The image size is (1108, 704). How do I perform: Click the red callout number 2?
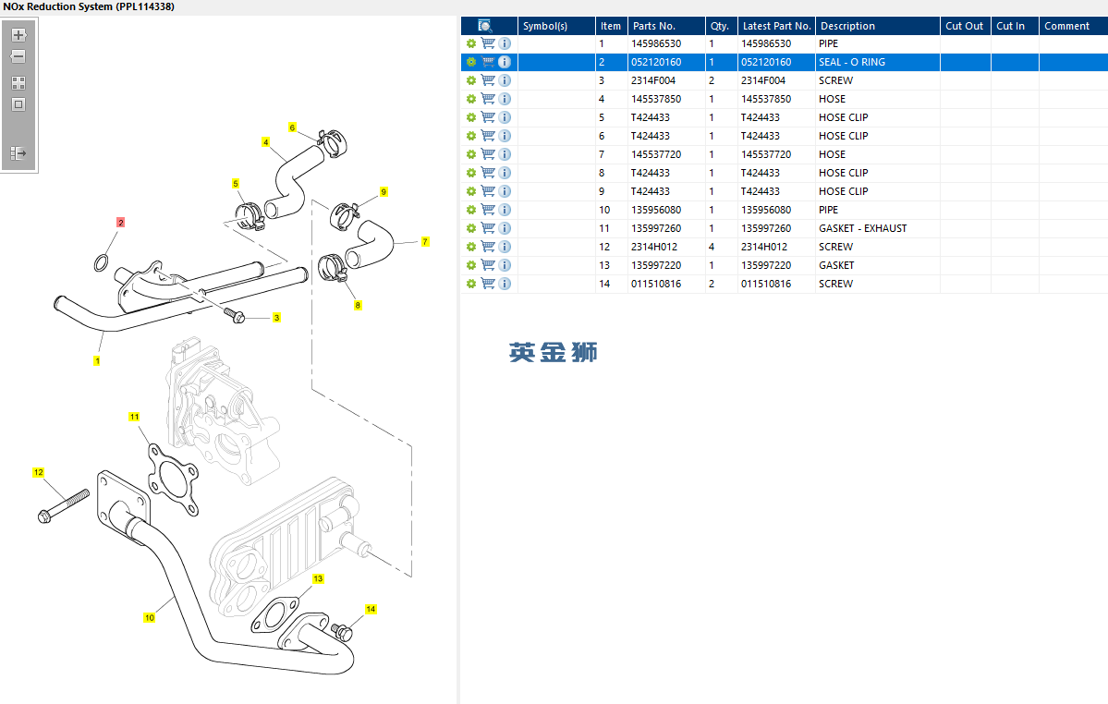tap(120, 223)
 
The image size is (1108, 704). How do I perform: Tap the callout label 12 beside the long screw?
tap(39, 473)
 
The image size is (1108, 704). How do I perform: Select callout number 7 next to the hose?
tap(425, 242)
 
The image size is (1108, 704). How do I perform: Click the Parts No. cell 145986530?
tap(655, 43)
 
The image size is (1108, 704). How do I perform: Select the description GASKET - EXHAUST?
tap(862, 228)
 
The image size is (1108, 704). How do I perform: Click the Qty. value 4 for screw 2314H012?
tap(712, 247)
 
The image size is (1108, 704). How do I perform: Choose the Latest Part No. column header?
tap(776, 26)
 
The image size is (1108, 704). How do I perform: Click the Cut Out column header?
tap(964, 26)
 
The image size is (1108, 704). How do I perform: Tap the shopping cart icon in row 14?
tap(488, 284)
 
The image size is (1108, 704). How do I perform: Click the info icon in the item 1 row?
tap(505, 43)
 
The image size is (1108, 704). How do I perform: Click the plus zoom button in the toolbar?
tap(18, 35)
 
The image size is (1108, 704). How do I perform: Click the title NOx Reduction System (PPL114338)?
tap(89, 6)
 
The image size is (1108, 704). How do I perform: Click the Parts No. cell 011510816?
tap(655, 284)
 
